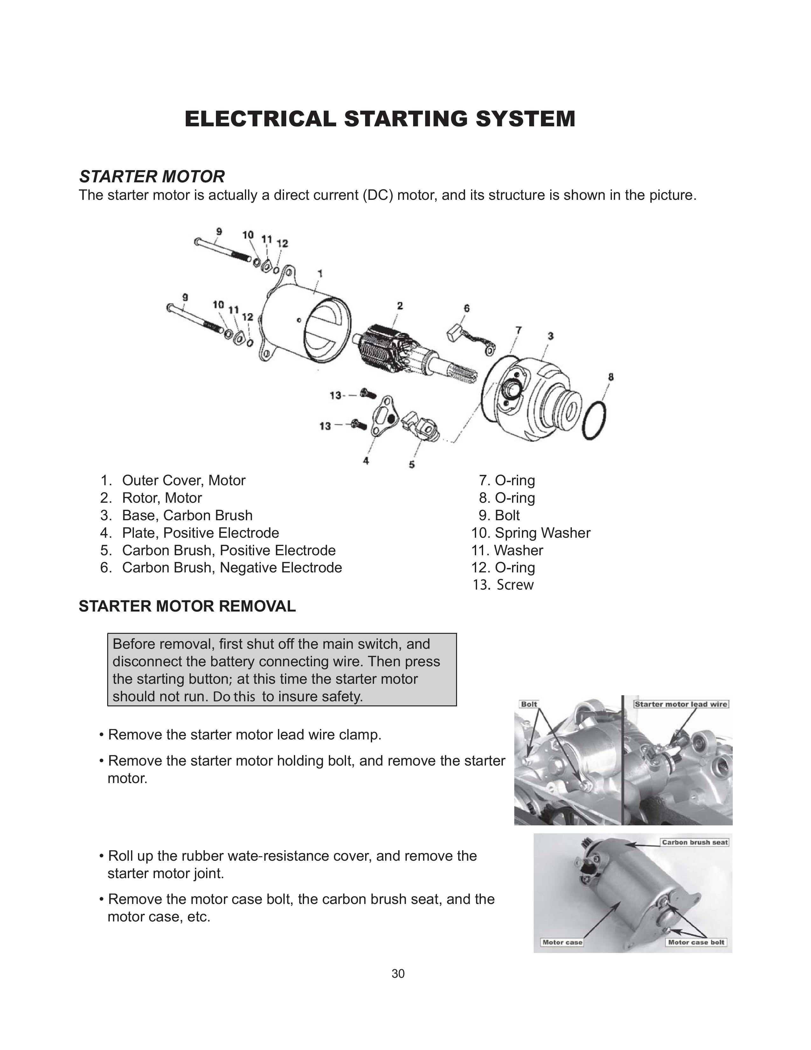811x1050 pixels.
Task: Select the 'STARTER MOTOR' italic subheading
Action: pos(152,177)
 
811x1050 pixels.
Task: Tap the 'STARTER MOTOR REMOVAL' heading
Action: pos(187,606)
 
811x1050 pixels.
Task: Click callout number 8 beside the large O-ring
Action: pos(611,377)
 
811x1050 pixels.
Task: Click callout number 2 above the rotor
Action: pos(400,306)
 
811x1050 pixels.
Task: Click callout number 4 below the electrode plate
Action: pos(366,461)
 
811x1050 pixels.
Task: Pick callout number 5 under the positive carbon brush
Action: pos(412,465)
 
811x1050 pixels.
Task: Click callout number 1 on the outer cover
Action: pos(320,274)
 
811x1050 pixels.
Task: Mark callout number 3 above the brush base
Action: pos(551,336)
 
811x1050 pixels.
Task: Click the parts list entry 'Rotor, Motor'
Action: pos(162,498)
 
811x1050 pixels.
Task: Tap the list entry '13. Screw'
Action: pos(503,585)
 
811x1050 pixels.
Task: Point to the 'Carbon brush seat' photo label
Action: pos(694,842)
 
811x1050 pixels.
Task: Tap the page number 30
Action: pos(398,974)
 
